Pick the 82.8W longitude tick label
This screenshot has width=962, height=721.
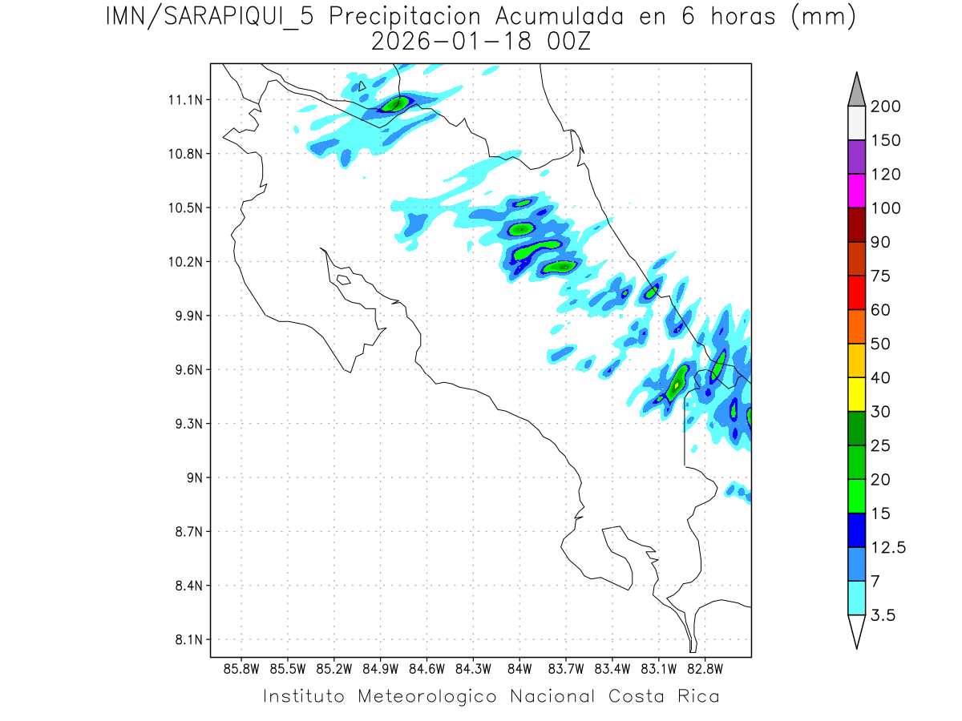pos(705,668)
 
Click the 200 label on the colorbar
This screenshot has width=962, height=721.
pos(885,107)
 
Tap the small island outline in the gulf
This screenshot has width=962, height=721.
pos(343,280)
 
